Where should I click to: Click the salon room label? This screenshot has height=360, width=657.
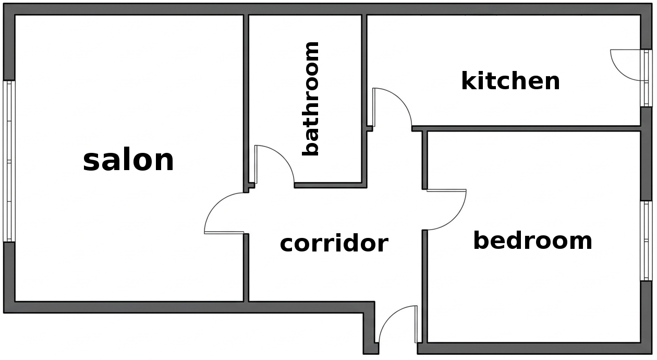click(128, 160)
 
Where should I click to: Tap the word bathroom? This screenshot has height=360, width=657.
click(311, 99)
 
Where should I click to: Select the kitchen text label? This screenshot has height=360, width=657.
click(510, 81)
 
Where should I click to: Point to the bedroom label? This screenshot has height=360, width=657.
click(532, 241)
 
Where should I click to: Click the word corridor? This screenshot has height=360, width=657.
click(334, 243)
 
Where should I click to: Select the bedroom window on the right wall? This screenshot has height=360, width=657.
click(647, 241)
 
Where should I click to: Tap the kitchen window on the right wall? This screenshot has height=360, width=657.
click(647, 78)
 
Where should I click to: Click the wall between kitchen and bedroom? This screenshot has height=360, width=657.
click(527, 128)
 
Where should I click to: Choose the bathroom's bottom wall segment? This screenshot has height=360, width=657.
click(328, 185)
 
